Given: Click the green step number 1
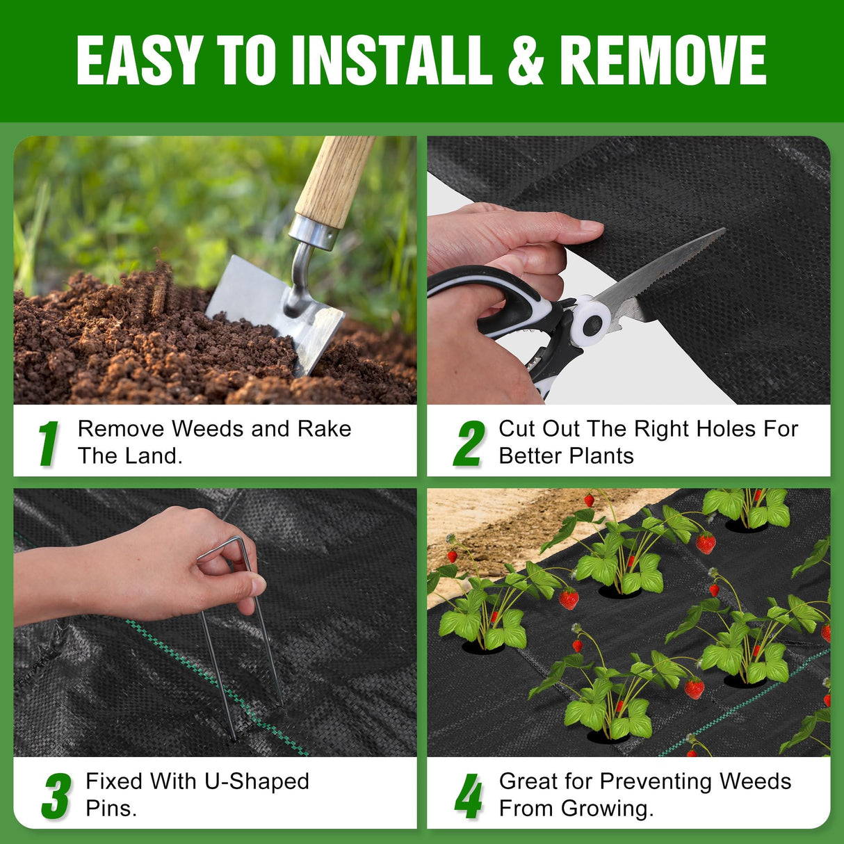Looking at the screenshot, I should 48,443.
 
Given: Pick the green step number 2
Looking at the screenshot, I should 469,443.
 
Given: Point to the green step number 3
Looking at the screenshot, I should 56,796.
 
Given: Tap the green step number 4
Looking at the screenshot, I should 469,796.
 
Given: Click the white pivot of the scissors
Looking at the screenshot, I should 591,320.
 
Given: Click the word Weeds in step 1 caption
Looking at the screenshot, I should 209,429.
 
